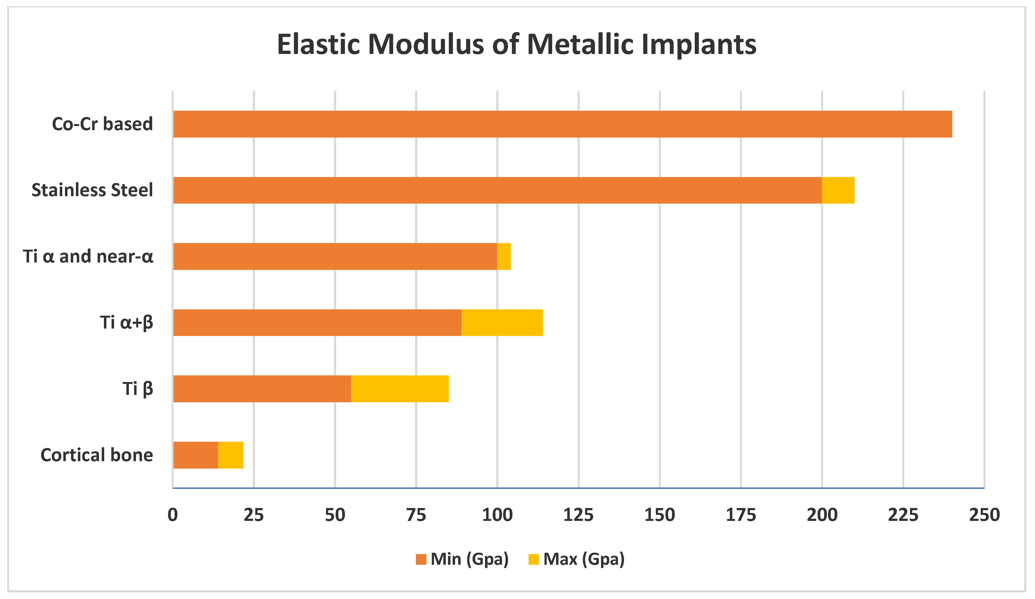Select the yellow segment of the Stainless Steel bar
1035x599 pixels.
point(838,190)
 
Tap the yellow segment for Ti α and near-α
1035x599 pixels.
point(504,256)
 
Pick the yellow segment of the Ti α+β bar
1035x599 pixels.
point(502,322)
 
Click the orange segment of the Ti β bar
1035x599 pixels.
point(262,388)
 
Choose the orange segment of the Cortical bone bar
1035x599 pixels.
point(195,455)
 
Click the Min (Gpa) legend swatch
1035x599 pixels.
point(421,559)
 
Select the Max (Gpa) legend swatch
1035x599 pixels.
point(534,559)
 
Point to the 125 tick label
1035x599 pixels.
point(578,515)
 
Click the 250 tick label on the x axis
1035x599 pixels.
point(984,515)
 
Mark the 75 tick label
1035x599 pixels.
point(416,515)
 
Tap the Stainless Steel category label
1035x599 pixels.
point(92,190)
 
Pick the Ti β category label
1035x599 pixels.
point(138,388)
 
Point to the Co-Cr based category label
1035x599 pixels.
point(102,124)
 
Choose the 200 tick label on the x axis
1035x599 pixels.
point(822,515)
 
